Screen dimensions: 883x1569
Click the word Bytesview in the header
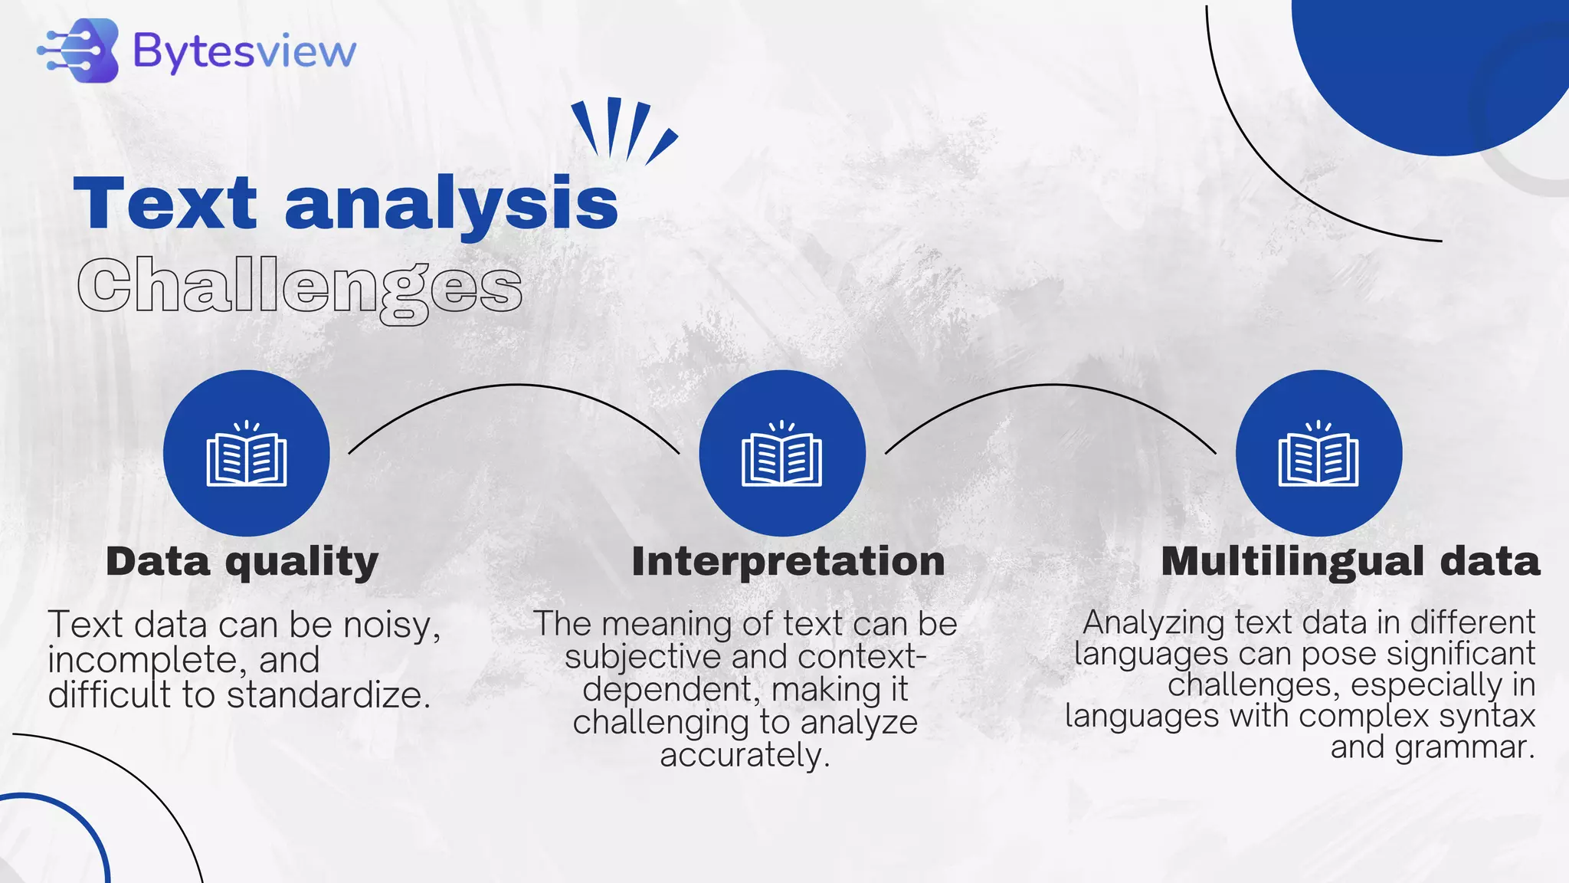(244, 52)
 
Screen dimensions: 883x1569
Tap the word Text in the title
(165, 203)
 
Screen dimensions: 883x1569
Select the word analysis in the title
(451, 205)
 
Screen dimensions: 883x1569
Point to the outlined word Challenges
(300, 288)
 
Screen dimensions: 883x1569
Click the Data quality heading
(242, 562)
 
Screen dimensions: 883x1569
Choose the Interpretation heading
(788, 562)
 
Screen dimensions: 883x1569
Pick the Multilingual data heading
(1350, 562)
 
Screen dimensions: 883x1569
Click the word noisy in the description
(388, 625)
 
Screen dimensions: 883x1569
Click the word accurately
(745, 756)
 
